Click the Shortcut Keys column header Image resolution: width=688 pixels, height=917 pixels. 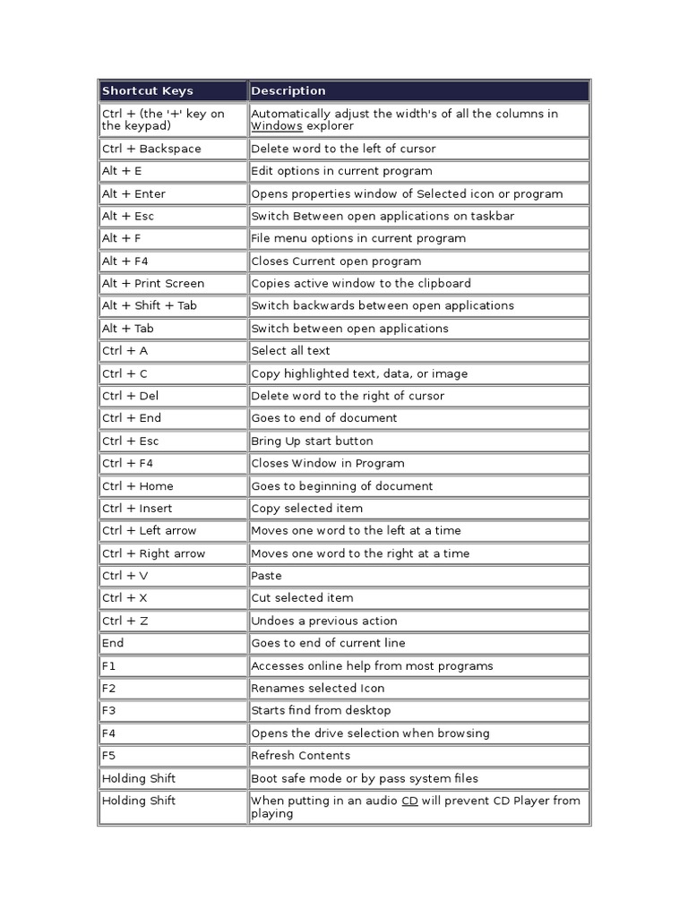pos(148,91)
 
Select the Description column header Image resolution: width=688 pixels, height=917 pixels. pos(288,91)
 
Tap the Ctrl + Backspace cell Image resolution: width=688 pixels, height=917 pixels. pos(151,150)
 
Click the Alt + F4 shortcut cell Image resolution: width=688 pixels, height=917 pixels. pos(127,261)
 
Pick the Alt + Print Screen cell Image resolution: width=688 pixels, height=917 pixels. pos(153,284)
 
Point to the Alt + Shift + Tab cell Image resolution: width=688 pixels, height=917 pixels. pos(150,306)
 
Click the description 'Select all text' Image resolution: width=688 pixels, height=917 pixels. pos(291,351)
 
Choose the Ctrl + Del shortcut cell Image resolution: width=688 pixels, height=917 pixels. pos(131,396)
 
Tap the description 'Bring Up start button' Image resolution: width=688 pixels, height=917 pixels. pos(312,441)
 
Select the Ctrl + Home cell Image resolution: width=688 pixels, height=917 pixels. pos(138,486)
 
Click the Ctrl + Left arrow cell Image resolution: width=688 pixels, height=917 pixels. pos(150,531)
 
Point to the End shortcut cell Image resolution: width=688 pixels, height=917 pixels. pos(114,643)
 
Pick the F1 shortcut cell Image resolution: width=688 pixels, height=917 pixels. pos(109,666)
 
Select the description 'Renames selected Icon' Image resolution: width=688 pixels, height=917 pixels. pos(318,689)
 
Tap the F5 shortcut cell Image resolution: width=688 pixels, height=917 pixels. pos(109,756)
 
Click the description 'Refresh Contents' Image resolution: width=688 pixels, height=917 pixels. pos(300,756)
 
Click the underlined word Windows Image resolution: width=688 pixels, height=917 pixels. pos(277,127)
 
